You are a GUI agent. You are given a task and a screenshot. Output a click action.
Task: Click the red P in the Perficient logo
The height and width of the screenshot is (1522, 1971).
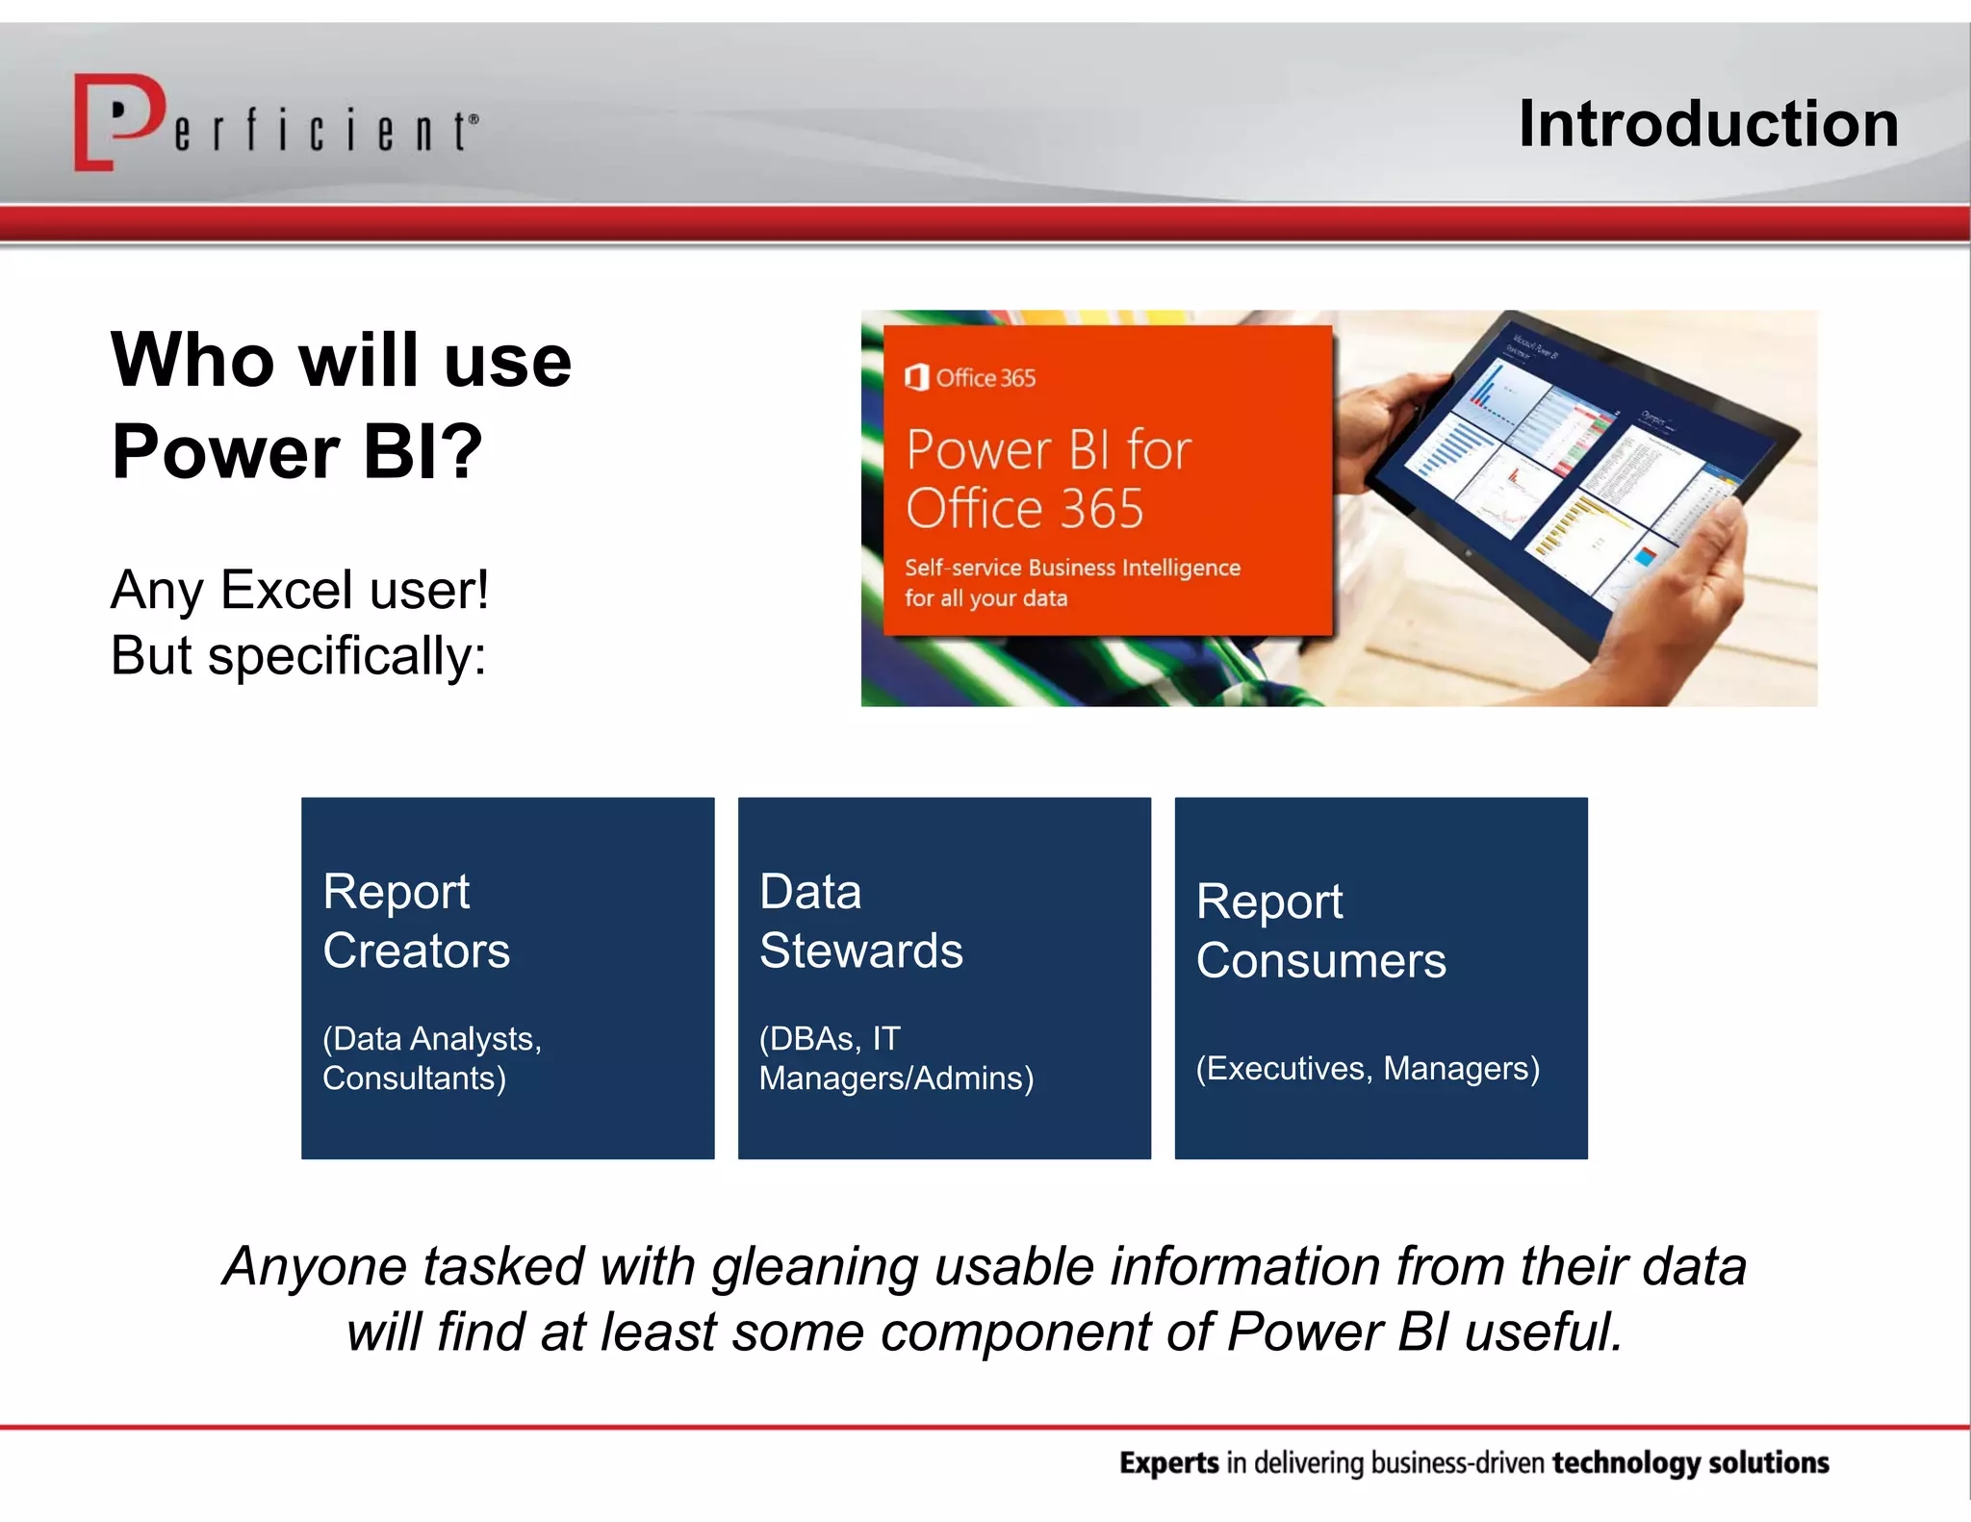(120, 120)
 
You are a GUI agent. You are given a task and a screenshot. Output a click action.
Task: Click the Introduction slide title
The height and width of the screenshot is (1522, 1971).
(1708, 124)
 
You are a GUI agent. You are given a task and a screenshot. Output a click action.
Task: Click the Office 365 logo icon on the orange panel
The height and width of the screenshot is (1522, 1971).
(916, 377)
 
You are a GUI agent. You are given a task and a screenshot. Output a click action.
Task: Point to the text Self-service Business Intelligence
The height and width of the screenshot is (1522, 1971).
(1071, 568)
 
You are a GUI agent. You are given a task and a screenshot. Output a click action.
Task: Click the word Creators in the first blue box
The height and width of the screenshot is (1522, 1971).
(416, 951)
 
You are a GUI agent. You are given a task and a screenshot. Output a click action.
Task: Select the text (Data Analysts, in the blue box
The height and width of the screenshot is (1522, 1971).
(432, 1039)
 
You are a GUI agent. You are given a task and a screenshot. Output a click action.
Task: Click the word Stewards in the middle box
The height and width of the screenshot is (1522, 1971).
(860, 951)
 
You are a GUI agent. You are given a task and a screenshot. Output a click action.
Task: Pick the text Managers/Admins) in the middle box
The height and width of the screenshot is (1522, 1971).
(896, 1078)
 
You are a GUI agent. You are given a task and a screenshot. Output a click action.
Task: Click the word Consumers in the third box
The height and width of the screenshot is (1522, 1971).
(1320, 961)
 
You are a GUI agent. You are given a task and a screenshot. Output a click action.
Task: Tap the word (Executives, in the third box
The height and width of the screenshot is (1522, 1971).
(1284, 1069)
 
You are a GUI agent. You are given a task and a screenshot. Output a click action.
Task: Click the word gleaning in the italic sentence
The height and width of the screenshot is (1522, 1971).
(814, 1267)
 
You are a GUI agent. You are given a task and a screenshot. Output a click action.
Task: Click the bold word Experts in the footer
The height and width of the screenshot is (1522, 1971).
(1168, 1462)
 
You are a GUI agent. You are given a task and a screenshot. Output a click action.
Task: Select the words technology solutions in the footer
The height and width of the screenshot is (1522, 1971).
(1690, 1462)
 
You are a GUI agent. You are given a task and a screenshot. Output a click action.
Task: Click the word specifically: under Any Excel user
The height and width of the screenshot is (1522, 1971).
(346, 657)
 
